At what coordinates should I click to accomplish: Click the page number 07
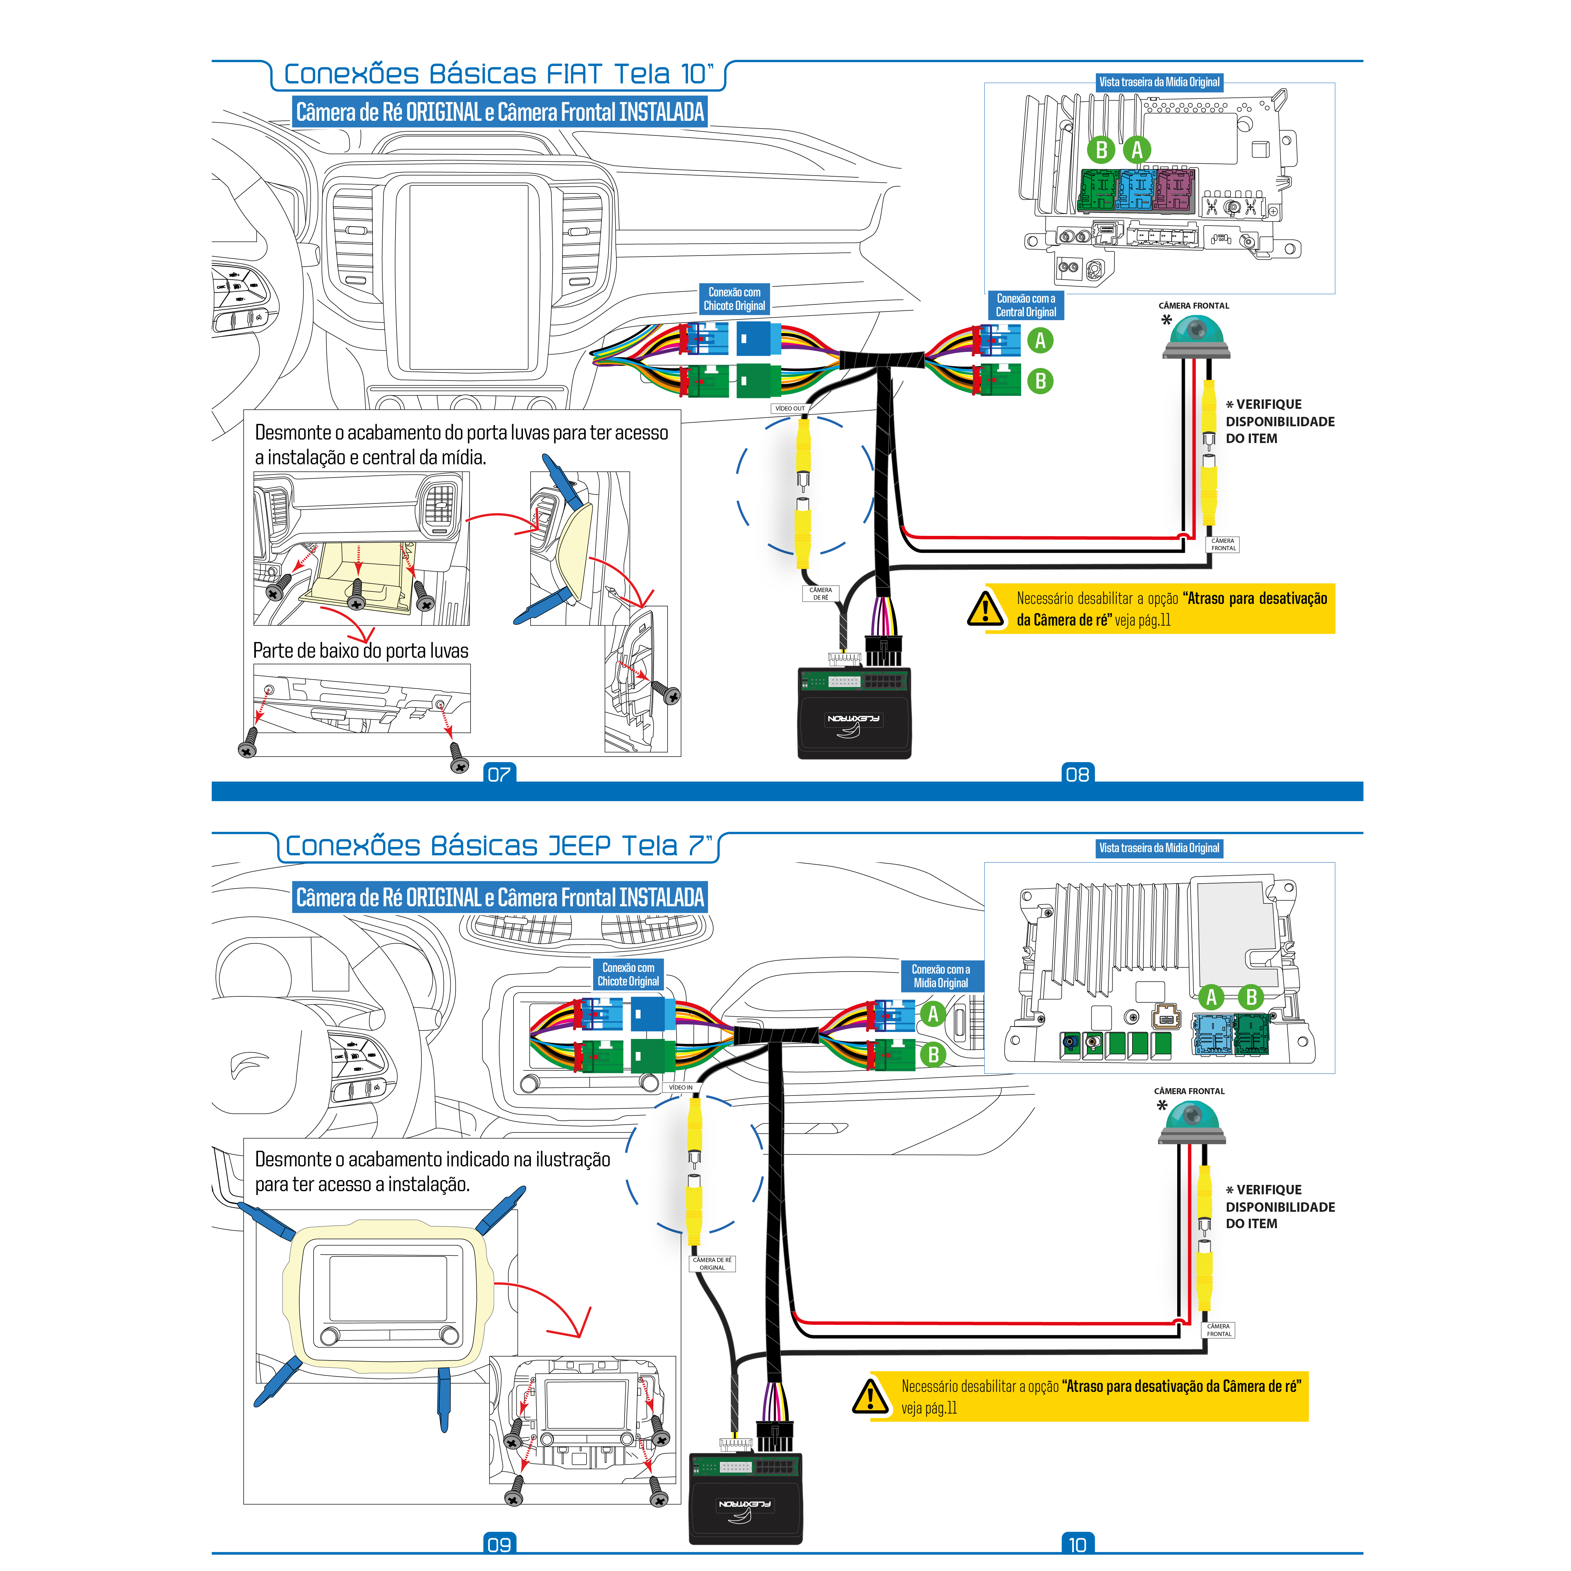coord(499,774)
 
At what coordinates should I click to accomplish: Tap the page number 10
coord(1077,1544)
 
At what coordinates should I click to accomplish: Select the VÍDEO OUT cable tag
coord(790,408)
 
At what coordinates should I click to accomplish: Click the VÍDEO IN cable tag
coord(681,1087)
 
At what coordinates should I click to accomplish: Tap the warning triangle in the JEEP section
coord(870,1396)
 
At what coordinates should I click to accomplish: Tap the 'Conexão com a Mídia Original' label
coord(941,976)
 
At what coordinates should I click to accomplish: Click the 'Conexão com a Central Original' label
coord(1025,305)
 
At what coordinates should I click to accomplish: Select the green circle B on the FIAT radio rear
coord(1102,150)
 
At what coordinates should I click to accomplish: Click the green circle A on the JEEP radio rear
coord(1211,997)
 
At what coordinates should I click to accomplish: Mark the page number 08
coord(1077,774)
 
